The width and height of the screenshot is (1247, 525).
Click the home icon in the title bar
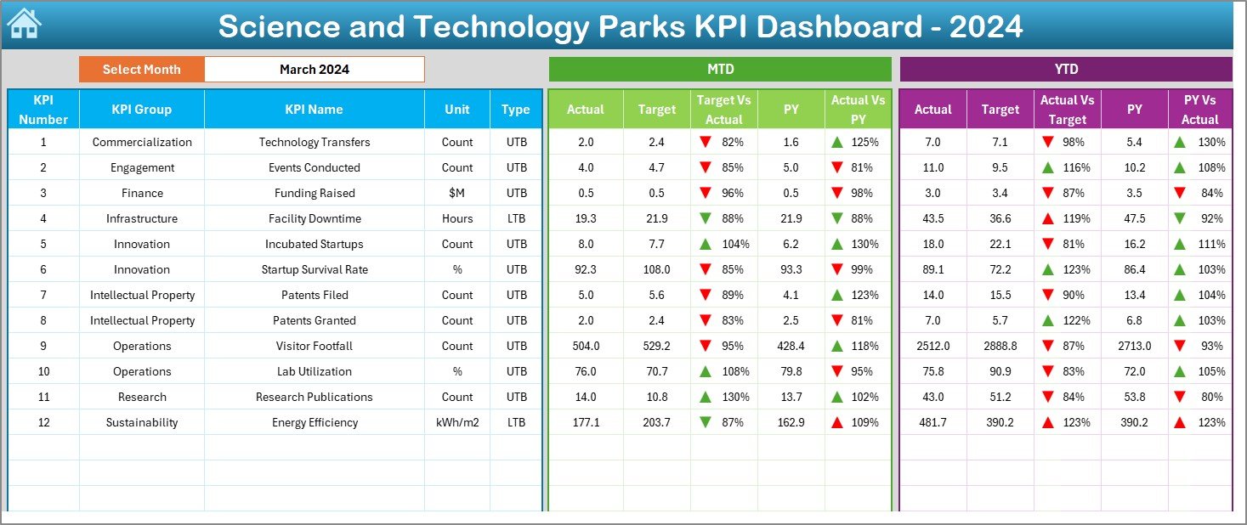point(24,24)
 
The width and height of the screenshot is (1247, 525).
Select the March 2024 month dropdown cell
point(314,70)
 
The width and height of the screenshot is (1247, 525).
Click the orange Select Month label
point(141,70)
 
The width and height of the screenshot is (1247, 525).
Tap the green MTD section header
point(720,70)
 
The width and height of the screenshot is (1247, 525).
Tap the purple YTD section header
point(1065,70)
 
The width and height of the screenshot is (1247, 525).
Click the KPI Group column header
point(141,110)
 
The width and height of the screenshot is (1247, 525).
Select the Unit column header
point(457,110)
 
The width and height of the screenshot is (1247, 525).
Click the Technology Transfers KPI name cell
point(314,142)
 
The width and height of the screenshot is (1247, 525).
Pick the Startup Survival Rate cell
point(314,269)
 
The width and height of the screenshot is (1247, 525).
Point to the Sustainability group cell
point(141,422)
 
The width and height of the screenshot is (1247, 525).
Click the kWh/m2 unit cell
point(457,422)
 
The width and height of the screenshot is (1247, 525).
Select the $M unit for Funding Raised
point(457,193)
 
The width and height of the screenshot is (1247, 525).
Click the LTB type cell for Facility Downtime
point(516,218)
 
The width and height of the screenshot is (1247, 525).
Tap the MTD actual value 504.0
point(586,346)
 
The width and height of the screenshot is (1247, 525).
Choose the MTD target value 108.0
point(656,269)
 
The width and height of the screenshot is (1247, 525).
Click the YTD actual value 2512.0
point(932,346)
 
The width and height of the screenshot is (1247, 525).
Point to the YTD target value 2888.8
point(1000,346)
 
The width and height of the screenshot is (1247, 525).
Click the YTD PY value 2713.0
point(1134,346)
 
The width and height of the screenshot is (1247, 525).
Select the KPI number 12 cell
point(43,422)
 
